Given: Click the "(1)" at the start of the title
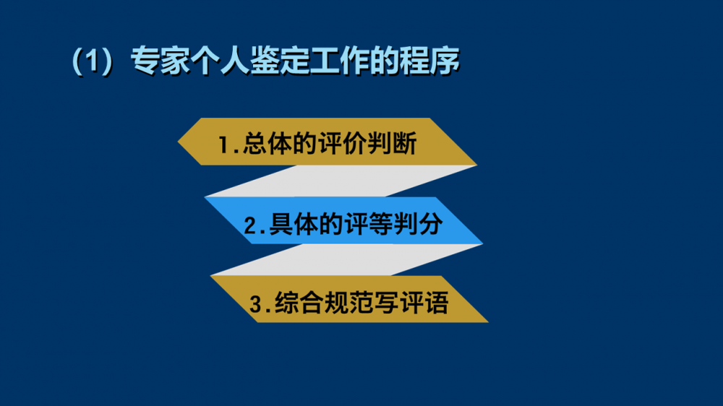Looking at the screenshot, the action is [93, 61].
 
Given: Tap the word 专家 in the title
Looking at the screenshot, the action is [160, 61].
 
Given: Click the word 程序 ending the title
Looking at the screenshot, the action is [429, 61].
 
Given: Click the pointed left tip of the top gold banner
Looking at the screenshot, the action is [178, 142].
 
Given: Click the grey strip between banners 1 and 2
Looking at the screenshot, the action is [341, 181].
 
